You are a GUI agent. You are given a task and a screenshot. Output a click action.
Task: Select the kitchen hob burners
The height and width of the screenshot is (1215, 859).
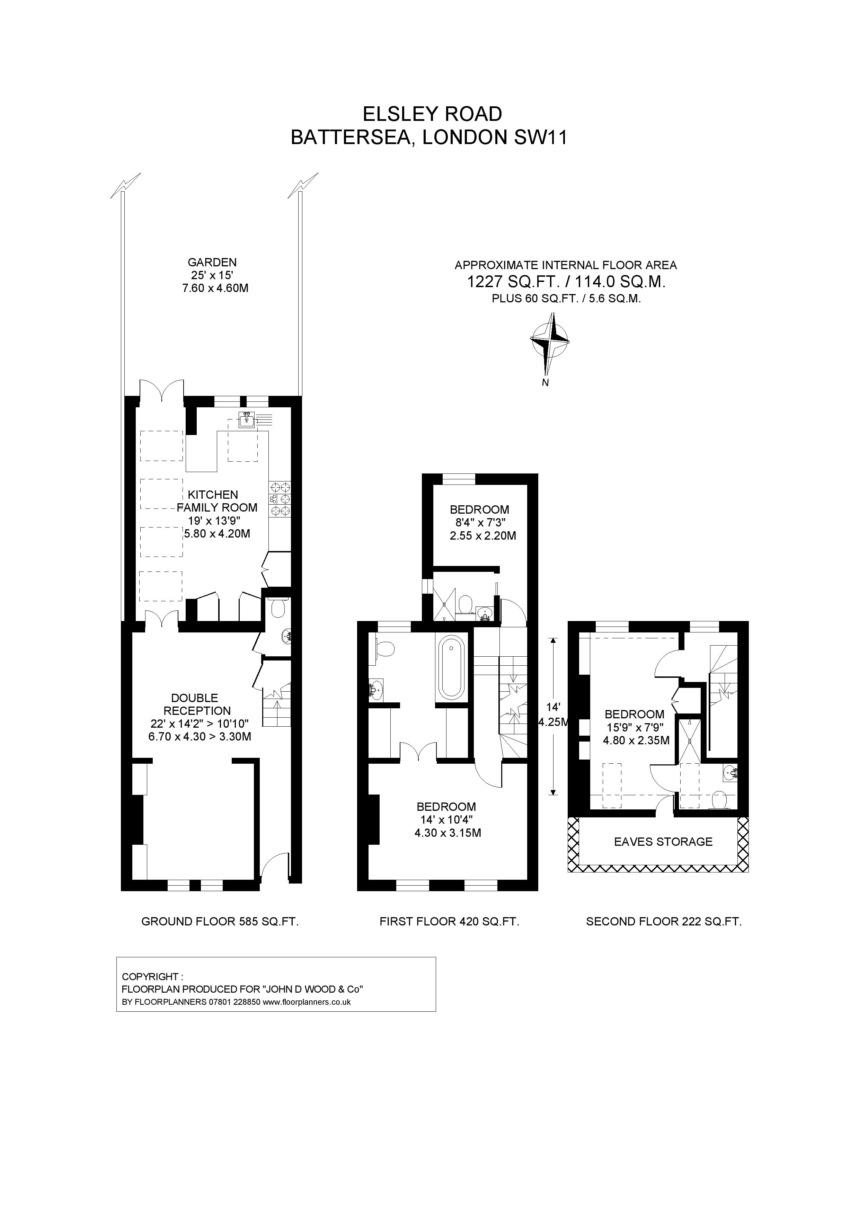[280, 498]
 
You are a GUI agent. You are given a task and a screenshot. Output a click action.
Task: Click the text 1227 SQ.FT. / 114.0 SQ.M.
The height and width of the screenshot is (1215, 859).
[565, 282]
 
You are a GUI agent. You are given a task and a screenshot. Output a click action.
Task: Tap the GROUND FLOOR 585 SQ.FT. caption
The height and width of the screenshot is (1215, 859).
[220, 921]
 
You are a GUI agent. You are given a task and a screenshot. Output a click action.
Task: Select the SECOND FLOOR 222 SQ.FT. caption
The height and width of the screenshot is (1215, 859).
[663, 921]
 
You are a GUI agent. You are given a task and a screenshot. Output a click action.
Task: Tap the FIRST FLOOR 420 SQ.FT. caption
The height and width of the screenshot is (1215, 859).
[449, 921]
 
